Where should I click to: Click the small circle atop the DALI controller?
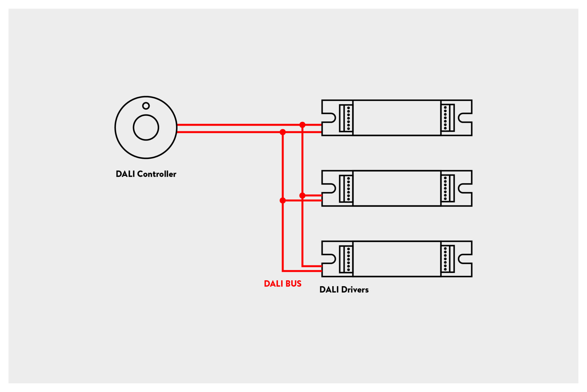pyautogui.click(x=146, y=106)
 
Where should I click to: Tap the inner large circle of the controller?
pyautogui.click(x=146, y=128)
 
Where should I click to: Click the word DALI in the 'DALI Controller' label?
pyautogui.click(x=125, y=174)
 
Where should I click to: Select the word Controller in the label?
pyautogui.click(x=157, y=174)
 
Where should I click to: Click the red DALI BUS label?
pyautogui.click(x=283, y=284)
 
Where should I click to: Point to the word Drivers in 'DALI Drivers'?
pyautogui.click(x=355, y=290)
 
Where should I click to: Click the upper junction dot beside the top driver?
pyautogui.click(x=302, y=125)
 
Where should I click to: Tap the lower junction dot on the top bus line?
pyautogui.click(x=283, y=132)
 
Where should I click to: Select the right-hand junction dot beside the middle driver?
pyautogui.click(x=302, y=196)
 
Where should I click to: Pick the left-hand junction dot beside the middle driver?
pyautogui.click(x=283, y=201)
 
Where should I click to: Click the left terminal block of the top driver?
pyautogui.click(x=346, y=118)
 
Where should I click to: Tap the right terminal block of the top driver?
pyautogui.click(x=448, y=118)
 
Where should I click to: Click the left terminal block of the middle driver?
pyautogui.click(x=346, y=189)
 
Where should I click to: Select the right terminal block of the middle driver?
pyautogui.click(x=448, y=188)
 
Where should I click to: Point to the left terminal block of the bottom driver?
pyautogui.click(x=346, y=259)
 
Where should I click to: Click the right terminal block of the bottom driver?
pyautogui.click(x=448, y=259)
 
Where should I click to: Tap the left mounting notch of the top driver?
pyautogui.click(x=330, y=118)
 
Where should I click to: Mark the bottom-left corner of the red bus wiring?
pyautogui.click(x=283, y=271)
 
